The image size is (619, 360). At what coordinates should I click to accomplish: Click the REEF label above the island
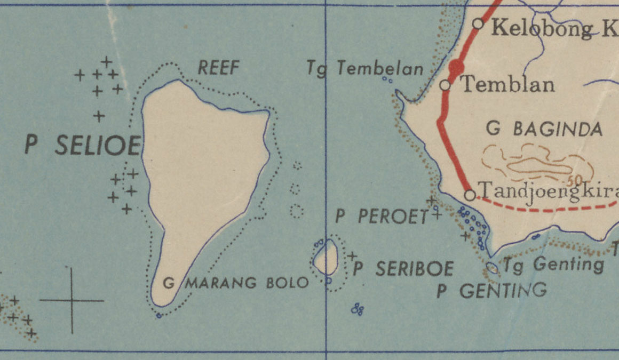[219, 68]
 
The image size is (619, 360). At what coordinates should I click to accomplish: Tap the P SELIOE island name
[83, 145]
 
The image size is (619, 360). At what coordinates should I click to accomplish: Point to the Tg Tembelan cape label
[365, 68]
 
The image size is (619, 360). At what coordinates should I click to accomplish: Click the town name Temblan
[507, 84]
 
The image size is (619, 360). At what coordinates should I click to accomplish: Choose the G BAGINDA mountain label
[545, 129]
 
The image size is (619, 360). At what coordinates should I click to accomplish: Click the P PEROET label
[382, 216]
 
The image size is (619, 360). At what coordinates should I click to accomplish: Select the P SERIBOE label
[403, 269]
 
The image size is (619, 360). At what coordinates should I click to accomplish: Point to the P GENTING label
[491, 291]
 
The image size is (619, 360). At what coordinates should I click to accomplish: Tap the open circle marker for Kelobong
[479, 23]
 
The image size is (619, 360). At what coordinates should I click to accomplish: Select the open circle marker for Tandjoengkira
[470, 195]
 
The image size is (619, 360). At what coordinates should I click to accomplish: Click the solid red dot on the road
[456, 68]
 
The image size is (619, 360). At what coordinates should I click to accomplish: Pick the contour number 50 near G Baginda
[575, 180]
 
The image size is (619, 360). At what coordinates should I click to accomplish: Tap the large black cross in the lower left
[72, 301]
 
